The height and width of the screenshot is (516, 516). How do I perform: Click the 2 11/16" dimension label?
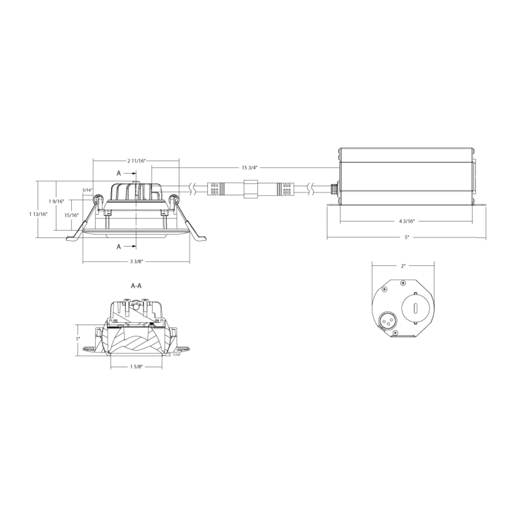[x=136, y=161]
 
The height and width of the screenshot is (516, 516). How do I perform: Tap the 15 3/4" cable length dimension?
[x=249, y=168]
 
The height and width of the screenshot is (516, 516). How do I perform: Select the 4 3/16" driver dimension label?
[x=407, y=221]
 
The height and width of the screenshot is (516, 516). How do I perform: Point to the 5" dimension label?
[x=407, y=237]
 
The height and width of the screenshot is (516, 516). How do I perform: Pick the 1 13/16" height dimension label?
[x=38, y=214]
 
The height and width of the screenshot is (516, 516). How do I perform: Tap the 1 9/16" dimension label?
[x=57, y=201]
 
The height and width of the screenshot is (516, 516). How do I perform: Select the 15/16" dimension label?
[x=71, y=215]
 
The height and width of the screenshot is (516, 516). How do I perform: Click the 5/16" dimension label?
[x=87, y=190]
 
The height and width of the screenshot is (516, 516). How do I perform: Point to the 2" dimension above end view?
[x=403, y=266]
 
